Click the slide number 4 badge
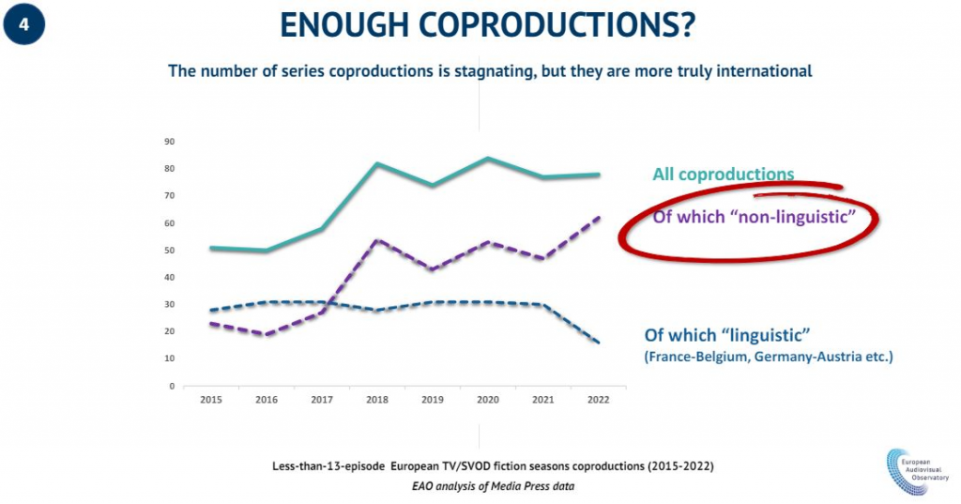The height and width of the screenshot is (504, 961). point(24,25)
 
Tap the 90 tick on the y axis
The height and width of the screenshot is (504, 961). point(170,142)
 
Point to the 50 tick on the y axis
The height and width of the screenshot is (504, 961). point(170,251)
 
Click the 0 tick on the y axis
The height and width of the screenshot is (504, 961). point(172,386)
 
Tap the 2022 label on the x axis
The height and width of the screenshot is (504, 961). point(598,399)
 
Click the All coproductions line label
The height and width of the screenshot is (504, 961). point(723,174)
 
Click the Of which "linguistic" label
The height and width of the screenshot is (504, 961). point(726,336)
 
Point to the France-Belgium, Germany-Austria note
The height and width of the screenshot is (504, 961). point(767,357)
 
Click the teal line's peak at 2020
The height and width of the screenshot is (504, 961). point(488,158)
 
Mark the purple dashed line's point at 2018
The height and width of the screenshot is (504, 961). point(377,240)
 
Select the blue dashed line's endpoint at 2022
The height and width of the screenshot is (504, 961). point(599,343)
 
